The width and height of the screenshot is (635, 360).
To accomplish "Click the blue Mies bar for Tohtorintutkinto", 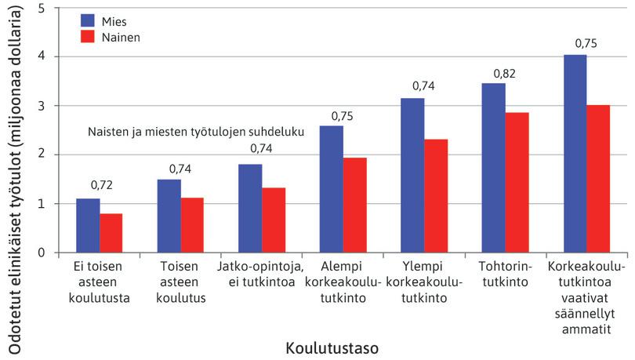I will click(494, 168).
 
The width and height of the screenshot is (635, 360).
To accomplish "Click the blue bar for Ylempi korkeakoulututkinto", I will click(412, 176).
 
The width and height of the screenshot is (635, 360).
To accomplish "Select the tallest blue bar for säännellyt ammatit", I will click(575, 154).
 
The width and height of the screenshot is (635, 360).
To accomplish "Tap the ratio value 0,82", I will click(505, 74).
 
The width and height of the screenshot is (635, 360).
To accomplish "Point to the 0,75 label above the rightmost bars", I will click(586, 44).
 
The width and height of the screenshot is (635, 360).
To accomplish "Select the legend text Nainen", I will click(122, 36).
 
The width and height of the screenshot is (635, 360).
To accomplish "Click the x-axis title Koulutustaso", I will click(327, 345).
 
